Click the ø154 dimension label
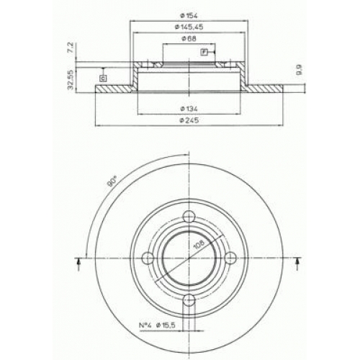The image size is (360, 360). click(x=189, y=16)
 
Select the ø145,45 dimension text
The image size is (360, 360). click(x=189, y=27)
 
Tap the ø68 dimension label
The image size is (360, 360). click(x=189, y=38)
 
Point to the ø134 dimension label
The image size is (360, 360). click(x=189, y=109)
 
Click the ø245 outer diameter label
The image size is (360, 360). click(x=189, y=120)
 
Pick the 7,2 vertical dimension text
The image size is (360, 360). click(x=71, y=48)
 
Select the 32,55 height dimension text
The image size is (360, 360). click(x=71, y=80)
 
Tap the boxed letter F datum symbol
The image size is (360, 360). click(x=204, y=52)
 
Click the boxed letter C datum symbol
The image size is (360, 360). click(x=103, y=78)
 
